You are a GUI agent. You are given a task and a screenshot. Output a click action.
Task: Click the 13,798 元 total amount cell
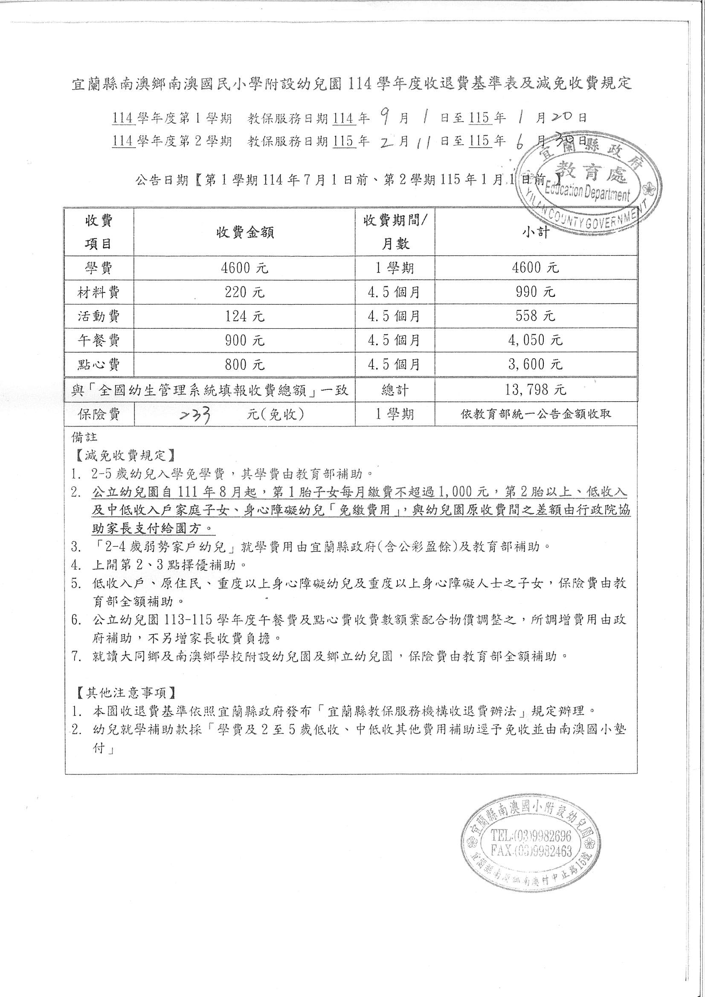coord(536,389)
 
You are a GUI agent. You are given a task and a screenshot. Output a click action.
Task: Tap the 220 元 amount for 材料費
coord(244,292)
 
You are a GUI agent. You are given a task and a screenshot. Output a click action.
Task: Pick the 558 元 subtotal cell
coord(536,316)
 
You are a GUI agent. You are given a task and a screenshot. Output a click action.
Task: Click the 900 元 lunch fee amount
coord(244,340)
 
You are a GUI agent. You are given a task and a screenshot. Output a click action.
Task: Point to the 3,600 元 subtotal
coord(536,364)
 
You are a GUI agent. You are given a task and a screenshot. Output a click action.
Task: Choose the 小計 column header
coord(536,232)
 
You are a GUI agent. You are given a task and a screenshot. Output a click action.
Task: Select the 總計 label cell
coord(395,389)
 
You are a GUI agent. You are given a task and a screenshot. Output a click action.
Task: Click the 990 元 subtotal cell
coord(536,292)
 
